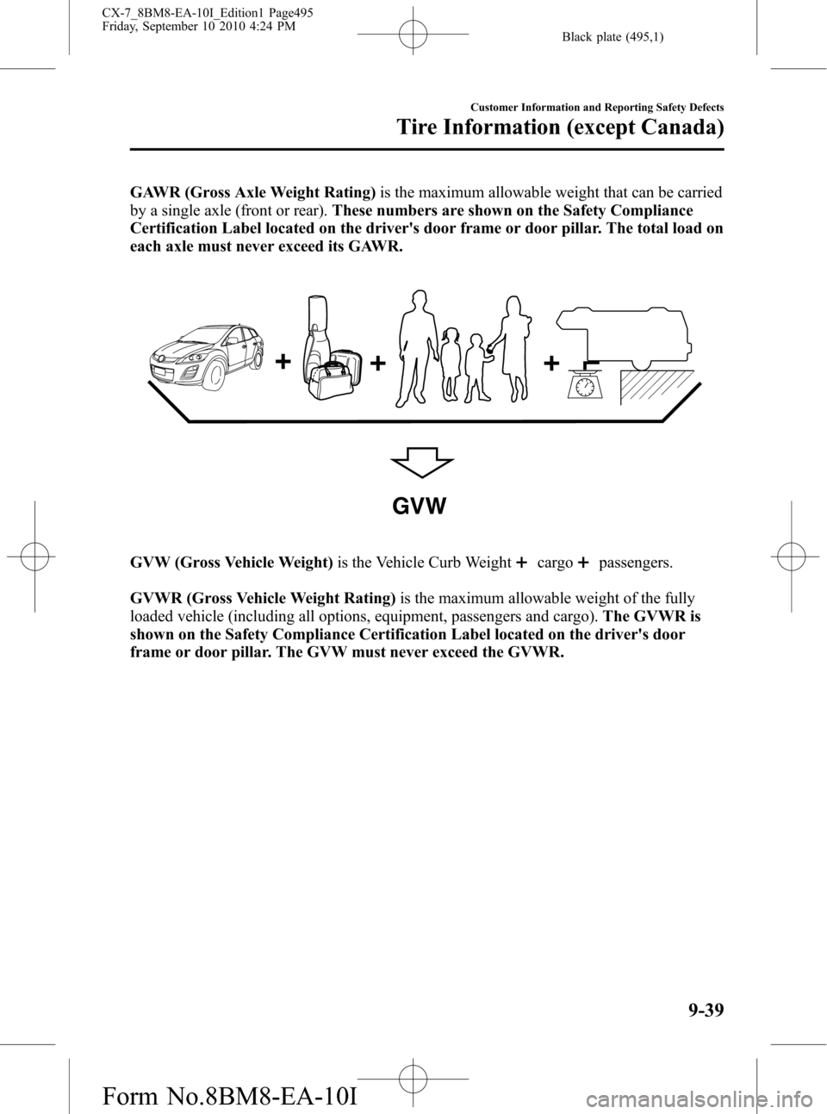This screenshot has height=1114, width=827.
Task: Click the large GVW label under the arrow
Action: [419, 507]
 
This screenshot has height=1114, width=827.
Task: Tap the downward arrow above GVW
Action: [422, 462]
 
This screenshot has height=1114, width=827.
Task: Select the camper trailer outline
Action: [623, 337]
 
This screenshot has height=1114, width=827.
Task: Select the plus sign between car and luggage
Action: [283, 362]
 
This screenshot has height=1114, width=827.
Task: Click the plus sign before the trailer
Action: [551, 363]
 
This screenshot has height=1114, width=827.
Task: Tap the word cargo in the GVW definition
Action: [555, 563]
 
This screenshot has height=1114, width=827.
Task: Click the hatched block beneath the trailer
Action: [657, 387]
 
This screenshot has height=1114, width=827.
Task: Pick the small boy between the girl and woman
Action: [476, 367]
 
